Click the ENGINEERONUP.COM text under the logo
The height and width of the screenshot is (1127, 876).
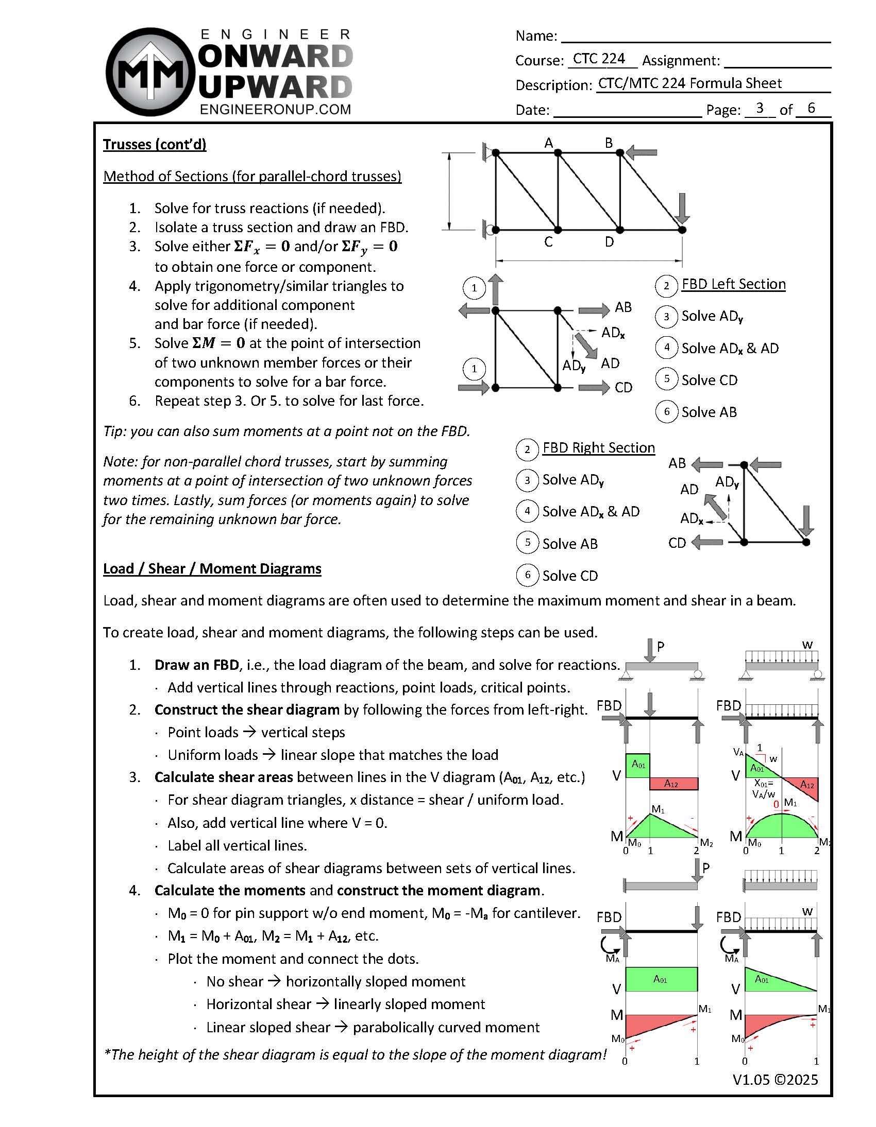(x=275, y=110)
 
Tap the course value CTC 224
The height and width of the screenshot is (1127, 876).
(x=599, y=59)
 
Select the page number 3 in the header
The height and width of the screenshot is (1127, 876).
(x=759, y=108)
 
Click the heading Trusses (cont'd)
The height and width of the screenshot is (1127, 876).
(x=155, y=145)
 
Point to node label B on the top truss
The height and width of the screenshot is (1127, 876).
(x=609, y=143)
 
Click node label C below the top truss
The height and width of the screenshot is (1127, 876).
(x=549, y=241)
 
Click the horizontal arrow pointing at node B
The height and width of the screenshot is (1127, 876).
(x=641, y=153)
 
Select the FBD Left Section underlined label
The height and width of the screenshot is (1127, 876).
(x=733, y=284)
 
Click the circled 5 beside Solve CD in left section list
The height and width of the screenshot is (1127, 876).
(x=666, y=379)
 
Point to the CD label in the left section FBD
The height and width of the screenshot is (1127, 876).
(x=624, y=388)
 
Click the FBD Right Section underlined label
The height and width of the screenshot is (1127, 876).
(x=598, y=448)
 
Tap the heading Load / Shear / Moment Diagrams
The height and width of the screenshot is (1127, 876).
(x=212, y=569)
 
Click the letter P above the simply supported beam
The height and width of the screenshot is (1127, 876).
(x=661, y=646)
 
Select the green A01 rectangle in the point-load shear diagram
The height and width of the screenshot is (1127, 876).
(x=638, y=765)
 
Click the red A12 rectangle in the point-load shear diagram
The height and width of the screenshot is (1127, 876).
(x=673, y=783)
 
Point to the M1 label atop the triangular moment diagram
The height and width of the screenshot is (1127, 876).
(x=658, y=809)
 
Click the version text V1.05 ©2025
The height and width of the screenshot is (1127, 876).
(x=775, y=1080)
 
